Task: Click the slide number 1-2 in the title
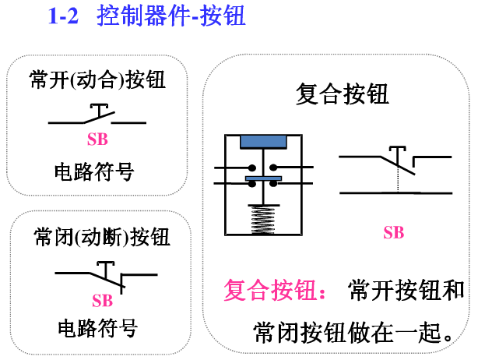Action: (63, 16)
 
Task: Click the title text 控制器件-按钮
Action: (172, 16)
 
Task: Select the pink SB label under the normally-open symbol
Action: (97, 140)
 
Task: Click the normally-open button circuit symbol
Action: (97, 117)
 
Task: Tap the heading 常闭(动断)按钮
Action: (102, 235)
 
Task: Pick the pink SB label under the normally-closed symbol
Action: (102, 300)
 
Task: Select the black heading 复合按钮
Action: (343, 95)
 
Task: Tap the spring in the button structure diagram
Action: (264, 218)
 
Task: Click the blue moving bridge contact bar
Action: (264, 179)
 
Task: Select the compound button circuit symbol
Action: (397, 171)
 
